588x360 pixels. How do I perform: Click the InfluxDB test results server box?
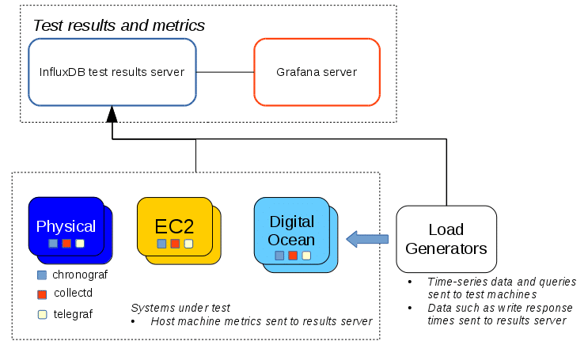point(112,72)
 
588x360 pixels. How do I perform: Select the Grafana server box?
point(317,72)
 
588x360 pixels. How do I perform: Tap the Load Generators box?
point(446,239)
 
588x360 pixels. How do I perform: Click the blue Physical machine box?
point(66,226)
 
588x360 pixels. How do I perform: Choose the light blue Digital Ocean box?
point(292,230)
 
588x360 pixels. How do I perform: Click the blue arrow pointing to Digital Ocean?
point(368,238)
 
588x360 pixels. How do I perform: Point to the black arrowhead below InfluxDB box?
point(112,114)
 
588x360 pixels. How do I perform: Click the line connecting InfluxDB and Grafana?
point(225,72)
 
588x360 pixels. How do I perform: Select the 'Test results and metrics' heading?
point(119,25)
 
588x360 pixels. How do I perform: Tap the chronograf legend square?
point(42,275)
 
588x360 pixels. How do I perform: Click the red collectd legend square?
point(42,294)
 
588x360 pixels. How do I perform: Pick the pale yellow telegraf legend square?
point(42,314)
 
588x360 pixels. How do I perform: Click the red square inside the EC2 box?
point(175,244)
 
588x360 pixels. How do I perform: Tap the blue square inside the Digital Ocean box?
point(279,256)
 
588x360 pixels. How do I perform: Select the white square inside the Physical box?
point(80,243)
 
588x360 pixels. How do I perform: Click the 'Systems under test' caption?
point(180,307)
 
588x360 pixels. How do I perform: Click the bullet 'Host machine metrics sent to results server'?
point(261,321)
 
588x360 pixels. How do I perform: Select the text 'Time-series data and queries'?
point(501,282)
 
